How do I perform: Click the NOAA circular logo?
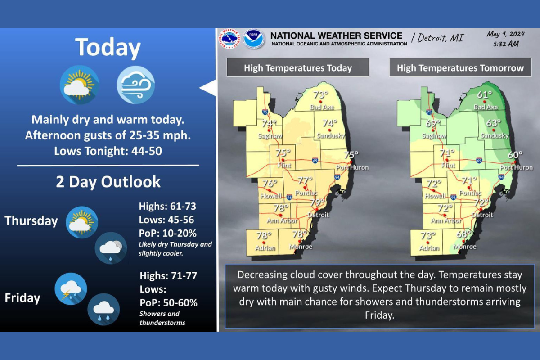[x=254, y=39]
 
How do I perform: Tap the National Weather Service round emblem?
[x=229, y=39]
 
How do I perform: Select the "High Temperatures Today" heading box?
[x=297, y=68]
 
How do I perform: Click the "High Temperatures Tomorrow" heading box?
[x=460, y=68]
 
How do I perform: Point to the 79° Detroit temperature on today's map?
[x=318, y=203]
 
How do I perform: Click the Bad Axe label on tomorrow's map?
[x=486, y=107]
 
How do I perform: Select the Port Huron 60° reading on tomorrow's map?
[x=515, y=155]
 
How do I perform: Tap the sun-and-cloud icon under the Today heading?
[x=80, y=84]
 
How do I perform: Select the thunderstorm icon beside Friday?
[x=70, y=288]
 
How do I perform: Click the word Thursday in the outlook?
[x=31, y=221]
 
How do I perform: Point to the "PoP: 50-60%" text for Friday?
[x=168, y=302]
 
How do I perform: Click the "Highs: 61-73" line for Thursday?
[x=167, y=207]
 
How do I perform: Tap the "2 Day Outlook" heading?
[x=108, y=181]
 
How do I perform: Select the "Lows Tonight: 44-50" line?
[x=108, y=151]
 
